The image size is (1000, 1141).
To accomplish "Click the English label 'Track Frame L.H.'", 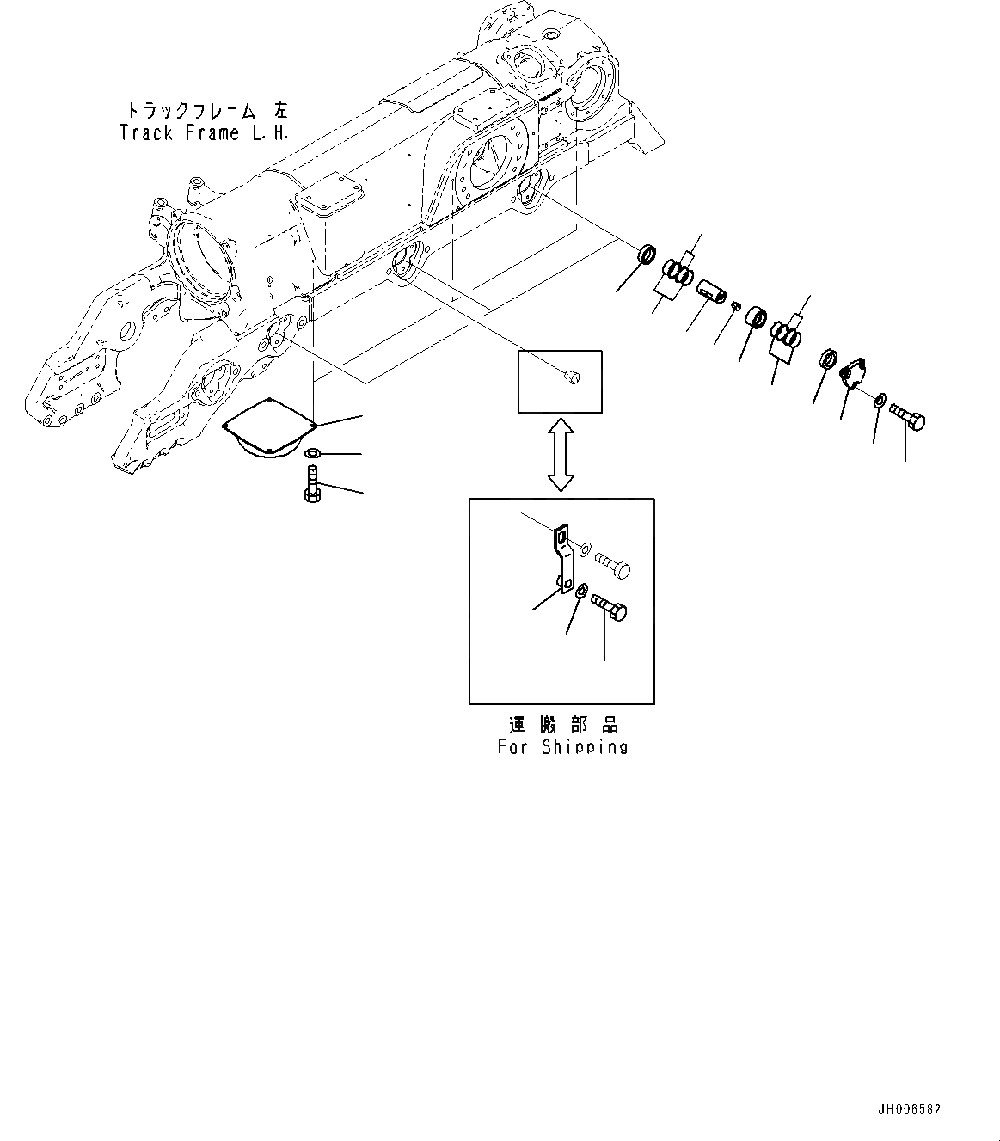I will pyautogui.click(x=205, y=132).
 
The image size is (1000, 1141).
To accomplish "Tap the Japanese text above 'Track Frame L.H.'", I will pyautogui.click(x=207, y=111).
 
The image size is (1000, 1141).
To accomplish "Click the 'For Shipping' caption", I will pyautogui.click(x=562, y=746).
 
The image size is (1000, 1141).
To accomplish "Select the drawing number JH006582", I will pyautogui.click(x=909, y=1109).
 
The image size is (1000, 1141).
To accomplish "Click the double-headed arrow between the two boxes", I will pyautogui.click(x=561, y=455).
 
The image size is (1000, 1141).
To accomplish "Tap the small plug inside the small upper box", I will pyautogui.click(x=571, y=376).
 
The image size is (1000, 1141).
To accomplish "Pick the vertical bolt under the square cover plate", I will pyautogui.click(x=311, y=483).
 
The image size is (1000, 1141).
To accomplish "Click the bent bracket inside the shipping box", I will pyautogui.click(x=562, y=559).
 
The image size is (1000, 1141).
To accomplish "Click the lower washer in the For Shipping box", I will pyautogui.click(x=581, y=590).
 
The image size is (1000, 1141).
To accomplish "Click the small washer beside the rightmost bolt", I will pyautogui.click(x=881, y=400).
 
